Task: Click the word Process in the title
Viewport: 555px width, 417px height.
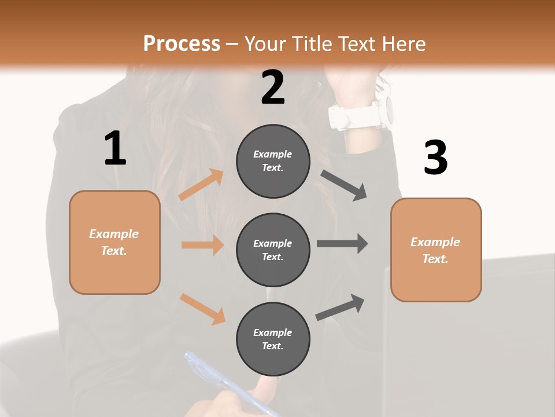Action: point(182,43)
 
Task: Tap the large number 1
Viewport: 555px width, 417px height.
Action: point(115,148)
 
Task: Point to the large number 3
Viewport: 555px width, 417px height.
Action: point(435,158)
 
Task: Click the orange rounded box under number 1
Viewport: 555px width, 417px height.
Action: point(114,242)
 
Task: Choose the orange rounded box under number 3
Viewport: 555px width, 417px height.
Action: point(436,250)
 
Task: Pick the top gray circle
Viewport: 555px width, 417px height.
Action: point(273,161)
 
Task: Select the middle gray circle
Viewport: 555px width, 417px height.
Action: point(273,250)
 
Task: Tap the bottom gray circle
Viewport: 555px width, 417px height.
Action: point(273,339)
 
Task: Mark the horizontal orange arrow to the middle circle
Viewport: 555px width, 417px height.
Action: point(202,245)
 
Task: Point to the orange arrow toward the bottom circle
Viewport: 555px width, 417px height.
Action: point(202,308)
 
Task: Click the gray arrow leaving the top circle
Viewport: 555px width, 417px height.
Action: point(344,185)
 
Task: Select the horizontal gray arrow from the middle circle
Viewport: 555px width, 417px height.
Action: point(342,244)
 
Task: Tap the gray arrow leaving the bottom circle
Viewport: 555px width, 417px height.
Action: point(340,307)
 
